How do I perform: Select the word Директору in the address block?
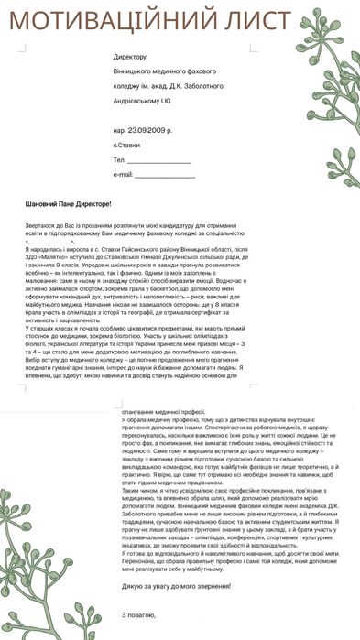tap(129, 57)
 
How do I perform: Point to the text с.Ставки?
tap(127, 145)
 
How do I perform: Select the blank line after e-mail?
tap(166, 174)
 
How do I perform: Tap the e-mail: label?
tap(123, 174)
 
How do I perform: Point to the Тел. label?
tap(119, 160)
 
